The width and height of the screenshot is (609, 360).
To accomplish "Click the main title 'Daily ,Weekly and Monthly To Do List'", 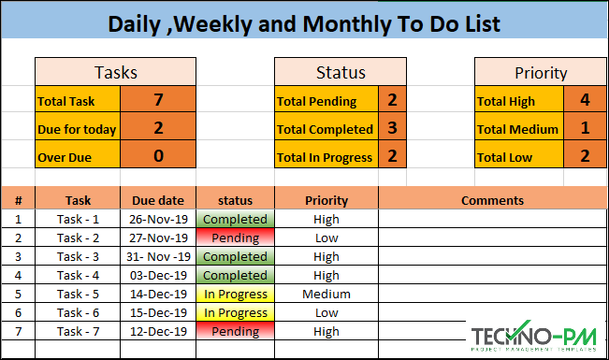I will click(303, 23).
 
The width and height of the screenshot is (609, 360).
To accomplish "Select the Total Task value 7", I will click(158, 99).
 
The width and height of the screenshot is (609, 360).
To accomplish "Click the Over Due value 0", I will click(158, 156).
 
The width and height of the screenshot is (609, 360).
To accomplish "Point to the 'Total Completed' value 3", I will click(392, 128).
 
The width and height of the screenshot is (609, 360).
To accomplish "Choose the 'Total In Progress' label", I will click(325, 157).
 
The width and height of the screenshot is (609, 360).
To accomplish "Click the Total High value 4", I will click(585, 100).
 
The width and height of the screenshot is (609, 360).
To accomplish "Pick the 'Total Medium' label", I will click(517, 129).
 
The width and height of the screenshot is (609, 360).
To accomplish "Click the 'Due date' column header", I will click(158, 200).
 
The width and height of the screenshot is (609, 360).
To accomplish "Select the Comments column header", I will click(492, 200).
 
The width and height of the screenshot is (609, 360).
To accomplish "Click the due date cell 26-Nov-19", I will click(158, 220).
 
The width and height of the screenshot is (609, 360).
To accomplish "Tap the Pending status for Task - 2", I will click(235, 238).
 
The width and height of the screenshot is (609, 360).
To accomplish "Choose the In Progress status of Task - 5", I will click(235, 294).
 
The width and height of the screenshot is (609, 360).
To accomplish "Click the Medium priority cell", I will click(326, 294).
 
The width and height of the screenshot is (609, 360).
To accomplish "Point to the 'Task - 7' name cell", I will click(78, 331).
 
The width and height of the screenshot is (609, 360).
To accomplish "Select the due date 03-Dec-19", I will click(158, 275).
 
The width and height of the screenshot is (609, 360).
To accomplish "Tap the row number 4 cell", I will click(18, 275).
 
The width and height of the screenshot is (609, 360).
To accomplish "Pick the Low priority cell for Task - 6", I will click(326, 312).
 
